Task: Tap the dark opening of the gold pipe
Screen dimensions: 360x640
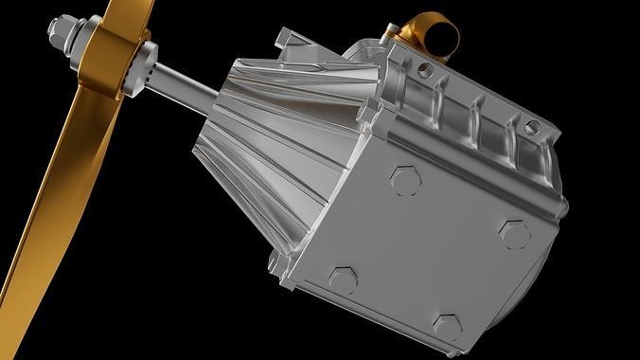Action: coord(442,39)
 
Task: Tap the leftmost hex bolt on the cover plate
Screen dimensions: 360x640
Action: coord(342,279)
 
